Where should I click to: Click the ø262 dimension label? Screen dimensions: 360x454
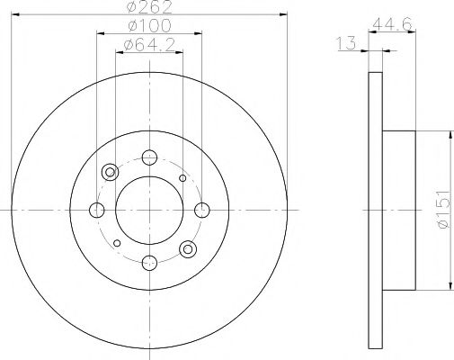tap(148, 9)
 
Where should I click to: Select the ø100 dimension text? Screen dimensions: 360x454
tap(148, 27)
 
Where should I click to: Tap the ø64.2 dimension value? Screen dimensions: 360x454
tap(148, 44)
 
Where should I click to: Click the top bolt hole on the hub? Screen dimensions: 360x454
tap(149, 157)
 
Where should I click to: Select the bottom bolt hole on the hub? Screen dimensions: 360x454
tap(149, 262)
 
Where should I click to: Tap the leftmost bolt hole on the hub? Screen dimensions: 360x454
tap(97, 210)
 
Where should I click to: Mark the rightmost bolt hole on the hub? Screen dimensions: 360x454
tap(201, 210)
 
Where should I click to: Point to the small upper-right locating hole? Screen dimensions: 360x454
tap(182, 178)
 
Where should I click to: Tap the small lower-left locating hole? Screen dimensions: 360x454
tap(116, 242)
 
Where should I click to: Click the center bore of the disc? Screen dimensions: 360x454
tap(149, 210)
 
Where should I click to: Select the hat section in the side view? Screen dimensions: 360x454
tap(400, 210)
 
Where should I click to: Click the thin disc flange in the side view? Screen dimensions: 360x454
tap(376, 210)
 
